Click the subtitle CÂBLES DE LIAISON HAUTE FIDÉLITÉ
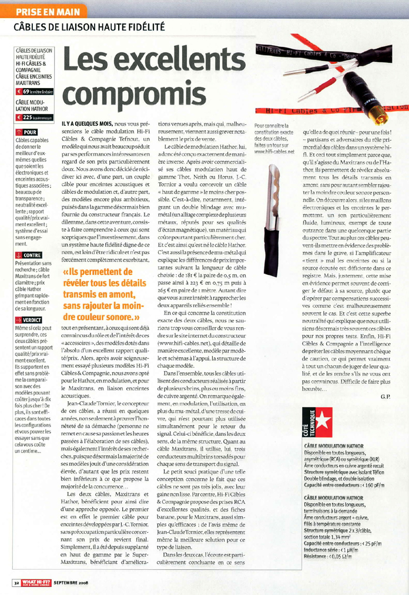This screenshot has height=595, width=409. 89,27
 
